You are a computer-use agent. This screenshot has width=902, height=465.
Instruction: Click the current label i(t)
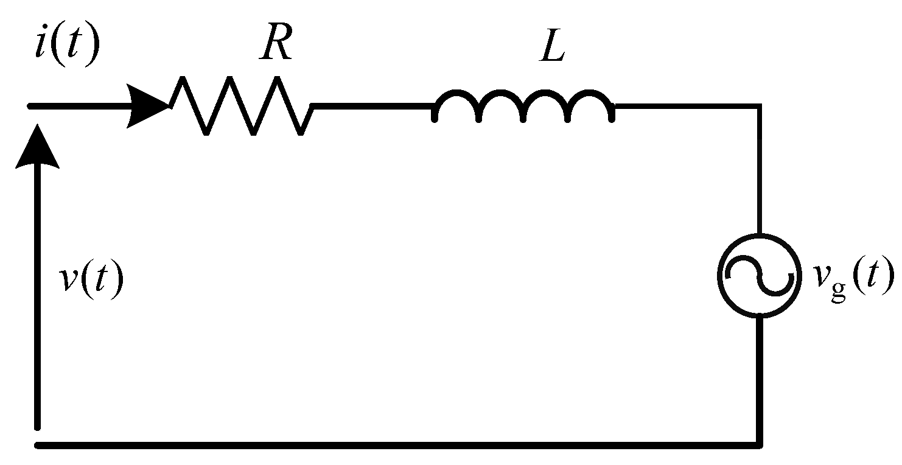point(66,47)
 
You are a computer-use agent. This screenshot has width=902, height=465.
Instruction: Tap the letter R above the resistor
point(276,44)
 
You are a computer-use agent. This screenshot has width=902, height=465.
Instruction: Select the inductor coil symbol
point(523,105)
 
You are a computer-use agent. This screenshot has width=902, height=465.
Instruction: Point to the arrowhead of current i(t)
point(147,106)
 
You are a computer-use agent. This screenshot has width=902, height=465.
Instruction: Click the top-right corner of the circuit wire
point(759,107)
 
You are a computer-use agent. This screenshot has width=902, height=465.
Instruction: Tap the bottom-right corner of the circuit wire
point(759,445)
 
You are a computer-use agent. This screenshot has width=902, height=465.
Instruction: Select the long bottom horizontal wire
point(396,445)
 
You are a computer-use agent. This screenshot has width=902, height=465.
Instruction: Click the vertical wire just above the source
point(759,170)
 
